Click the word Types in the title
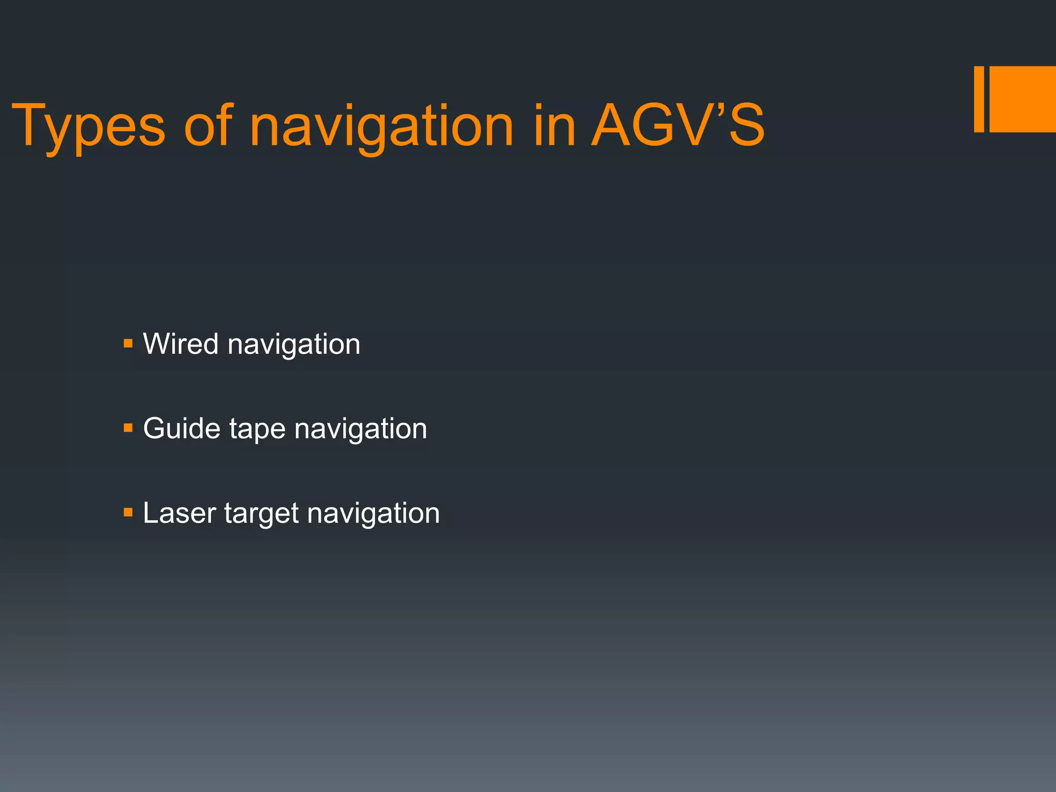[x=88, y=127]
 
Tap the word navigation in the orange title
[x=382, y=127]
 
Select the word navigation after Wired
[x=294, y=344]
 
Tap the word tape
[x=257, y=430]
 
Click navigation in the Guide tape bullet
[x=360, y=429]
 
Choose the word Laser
[x=179, y=513]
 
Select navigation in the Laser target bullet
[x=373, y=514]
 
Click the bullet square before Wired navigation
[x=128, y=343]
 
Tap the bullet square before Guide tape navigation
[x=128, y=428]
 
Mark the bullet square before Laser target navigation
[x=128, y=513]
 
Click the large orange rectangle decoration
[x=1022, y=99]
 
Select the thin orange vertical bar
[x=979, y=99]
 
